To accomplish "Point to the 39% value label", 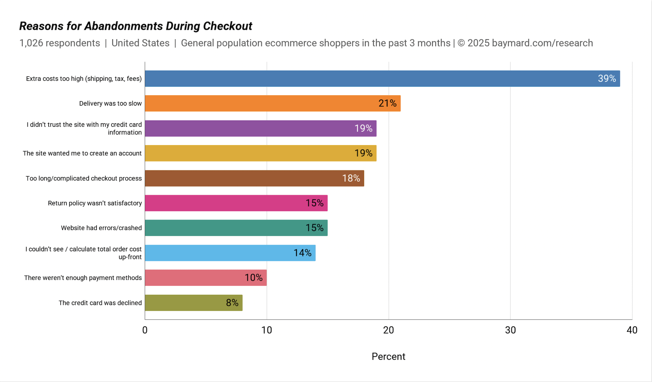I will (x=606, y=78).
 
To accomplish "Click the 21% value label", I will (x=387, y=103).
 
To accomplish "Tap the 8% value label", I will (x=232, y=303).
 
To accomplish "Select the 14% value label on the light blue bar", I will (x=302, y=253).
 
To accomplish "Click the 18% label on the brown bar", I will (x=351, y=178).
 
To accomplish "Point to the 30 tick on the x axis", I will (x=510, y=330).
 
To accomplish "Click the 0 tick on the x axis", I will (x=145, y=330).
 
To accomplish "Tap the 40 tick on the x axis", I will (x=632, y=330).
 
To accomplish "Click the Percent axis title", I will (x=388, y=357).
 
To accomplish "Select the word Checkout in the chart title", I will (x=228, y=26).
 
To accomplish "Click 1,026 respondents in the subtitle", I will (x=60, y=43).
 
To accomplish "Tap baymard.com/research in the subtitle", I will (x=542, y=43).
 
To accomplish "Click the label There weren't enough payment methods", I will (x=83, y=278).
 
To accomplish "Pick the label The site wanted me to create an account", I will (x=82, y=153).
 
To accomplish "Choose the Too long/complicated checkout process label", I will (x=84, y=178).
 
